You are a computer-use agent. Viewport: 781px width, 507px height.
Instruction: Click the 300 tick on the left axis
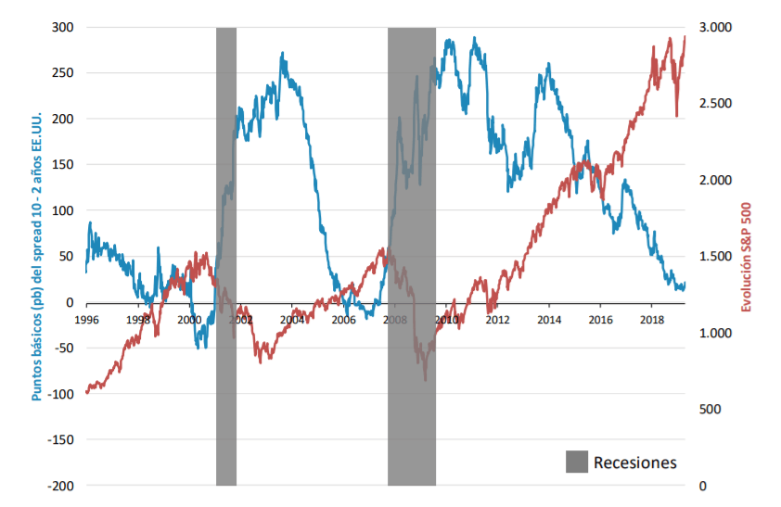(60, 28)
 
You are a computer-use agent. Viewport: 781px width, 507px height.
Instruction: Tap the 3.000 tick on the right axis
(714, 28)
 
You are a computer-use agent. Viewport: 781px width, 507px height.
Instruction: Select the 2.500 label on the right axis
(714, 104)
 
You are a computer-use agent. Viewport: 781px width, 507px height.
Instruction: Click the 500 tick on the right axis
(709, 410)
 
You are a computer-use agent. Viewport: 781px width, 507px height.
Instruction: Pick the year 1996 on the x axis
(86, 320)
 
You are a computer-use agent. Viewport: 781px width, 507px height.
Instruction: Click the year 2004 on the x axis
(292, 320)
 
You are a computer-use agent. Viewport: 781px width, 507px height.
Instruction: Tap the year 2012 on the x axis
(498, 320)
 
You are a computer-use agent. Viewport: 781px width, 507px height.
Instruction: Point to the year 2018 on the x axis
(651, 320)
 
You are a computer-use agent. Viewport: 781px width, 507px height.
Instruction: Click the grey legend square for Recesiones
(576, 462)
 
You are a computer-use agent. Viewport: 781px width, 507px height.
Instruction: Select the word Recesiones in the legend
(635, 463)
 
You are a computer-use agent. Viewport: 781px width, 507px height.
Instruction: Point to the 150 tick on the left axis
(60, 165)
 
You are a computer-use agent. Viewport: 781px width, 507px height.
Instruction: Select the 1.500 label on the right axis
(714, 257)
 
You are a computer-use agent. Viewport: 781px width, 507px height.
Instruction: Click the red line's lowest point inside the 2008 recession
(426, 380)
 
